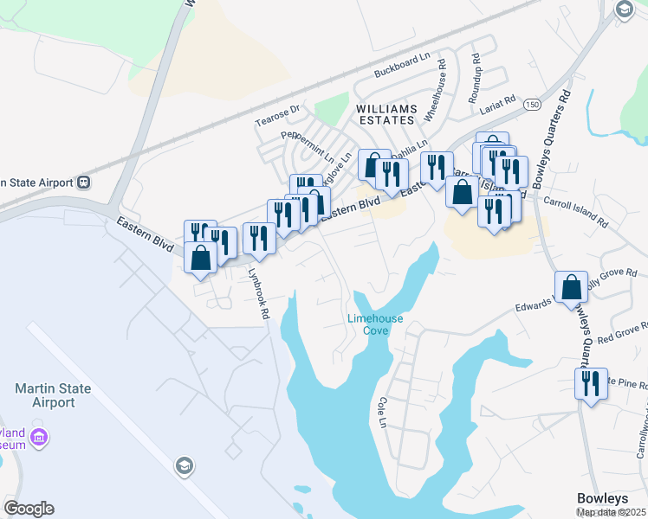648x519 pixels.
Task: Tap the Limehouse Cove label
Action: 375,324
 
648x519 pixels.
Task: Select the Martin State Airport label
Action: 53,395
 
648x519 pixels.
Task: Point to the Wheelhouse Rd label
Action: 441,78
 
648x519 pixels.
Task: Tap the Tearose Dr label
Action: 276,116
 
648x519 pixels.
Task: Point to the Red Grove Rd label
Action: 618,334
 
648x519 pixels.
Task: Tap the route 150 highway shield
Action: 531,105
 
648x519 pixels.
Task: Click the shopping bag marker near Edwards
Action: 572,286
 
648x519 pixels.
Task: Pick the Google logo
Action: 29,508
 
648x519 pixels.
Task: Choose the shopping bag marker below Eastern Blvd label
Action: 201,257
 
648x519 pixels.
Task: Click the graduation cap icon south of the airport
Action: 183,467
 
